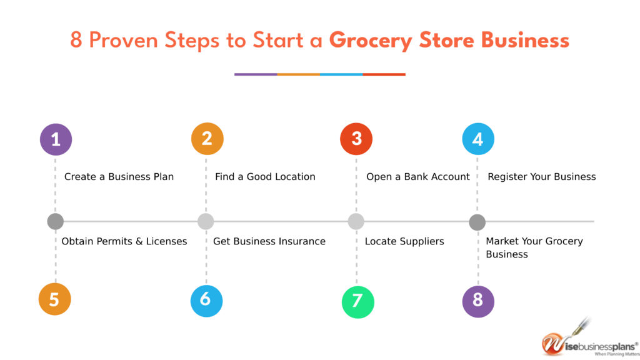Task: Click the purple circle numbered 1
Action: pyautogui.click(x=56, y=139)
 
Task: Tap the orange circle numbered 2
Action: pyautogui.click(x=207, y=139)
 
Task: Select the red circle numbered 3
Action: pyautogui.click(x=356, y=139)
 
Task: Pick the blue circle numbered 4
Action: pyautogui.click(x=478, y=139)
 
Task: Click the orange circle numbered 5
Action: pyautogui.click(x=54, y=299)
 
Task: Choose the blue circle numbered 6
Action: pyautogui.click(x=206, y=301)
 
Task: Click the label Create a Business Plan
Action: pyautogui.click(x=119, y=177)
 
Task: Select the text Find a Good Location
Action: pyautogui.click(x=265, y=177)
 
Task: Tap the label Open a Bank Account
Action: pyautogui.click(x=417, y=177)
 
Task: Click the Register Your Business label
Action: pyautogui.click(x=541, y=177)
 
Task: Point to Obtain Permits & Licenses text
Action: pyautogui.click(x=124, y=241)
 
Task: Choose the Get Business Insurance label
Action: pyautogui.click(x=269, y=241)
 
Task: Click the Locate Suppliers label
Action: pyautogui.click(x=404, y=241)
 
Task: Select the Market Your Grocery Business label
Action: pyautogui.click(x=534, y=247)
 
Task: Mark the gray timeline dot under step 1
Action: pyautogui.click(x=55, y=221)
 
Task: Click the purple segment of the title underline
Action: pyautogui.click(x=256, y=74)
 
